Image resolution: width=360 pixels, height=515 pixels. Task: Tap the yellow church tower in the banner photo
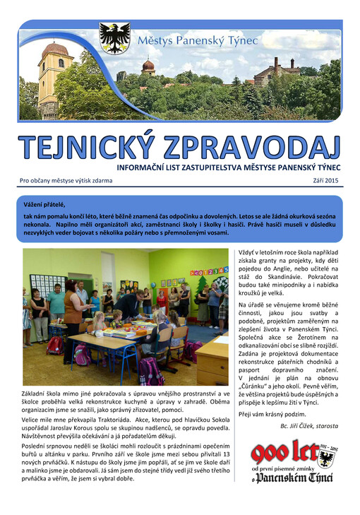[x=54, y=77]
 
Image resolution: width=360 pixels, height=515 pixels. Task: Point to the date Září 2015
[x=325, y=181]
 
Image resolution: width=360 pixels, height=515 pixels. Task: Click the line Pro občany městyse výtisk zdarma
[x=66, y=181]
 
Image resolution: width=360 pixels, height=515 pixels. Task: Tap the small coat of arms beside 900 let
[x=326, y=460]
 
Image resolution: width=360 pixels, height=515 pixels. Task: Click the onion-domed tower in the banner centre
[x=148, y=68]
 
